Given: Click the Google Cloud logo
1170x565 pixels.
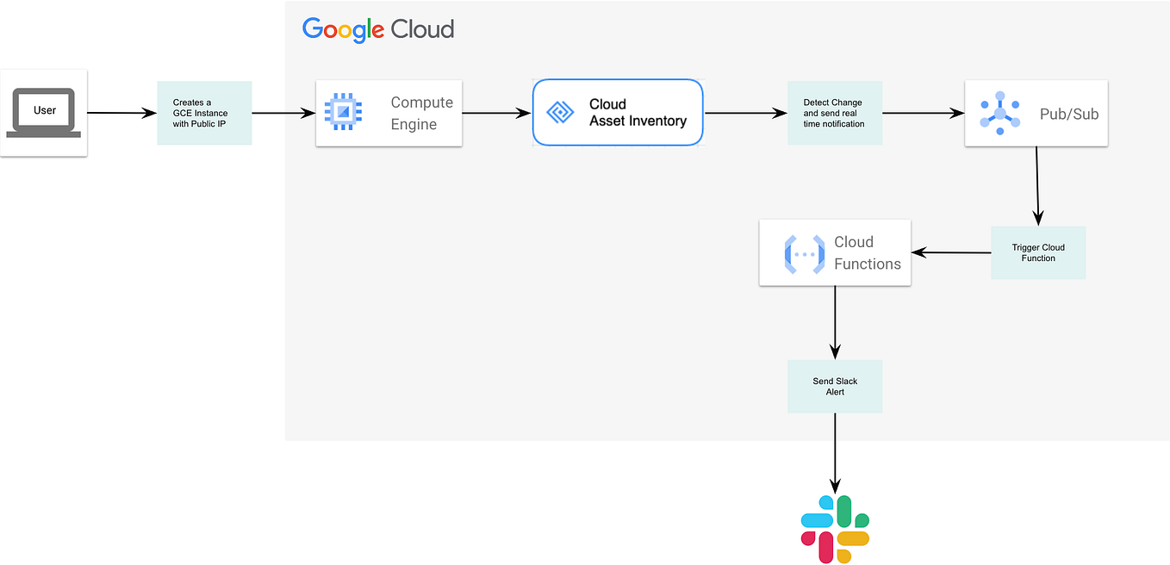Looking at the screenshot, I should pyautogui.click(x=377, y=29).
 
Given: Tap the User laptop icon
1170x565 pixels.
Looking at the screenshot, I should pyautogui.click(x=44, y=113).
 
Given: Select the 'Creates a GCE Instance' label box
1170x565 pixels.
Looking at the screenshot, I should pyautogui.click(x=204, y=113).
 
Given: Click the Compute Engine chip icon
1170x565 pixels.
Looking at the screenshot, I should pyautogui.click(x=342, y=113).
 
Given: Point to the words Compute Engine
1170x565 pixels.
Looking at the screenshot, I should pyautogui.click(x=421, y=113).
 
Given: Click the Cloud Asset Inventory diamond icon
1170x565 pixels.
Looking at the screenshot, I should pyautogui.click(x=561, y=113).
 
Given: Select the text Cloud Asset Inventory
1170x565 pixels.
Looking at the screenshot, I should pyautogui.click(x=638, y=113).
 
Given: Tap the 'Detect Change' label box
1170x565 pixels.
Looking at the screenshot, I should pyautogui.click(x=835, y=113).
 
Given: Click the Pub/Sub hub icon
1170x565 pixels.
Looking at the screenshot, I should pyautogui.click(x=999, y=113).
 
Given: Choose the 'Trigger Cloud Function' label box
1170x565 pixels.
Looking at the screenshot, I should pyautogui.click(x=1038, y=252).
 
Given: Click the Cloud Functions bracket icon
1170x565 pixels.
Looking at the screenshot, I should pyautogui.click(x=805, y=253).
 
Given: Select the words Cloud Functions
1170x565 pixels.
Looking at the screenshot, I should pyautogui.click(x=867, y=253).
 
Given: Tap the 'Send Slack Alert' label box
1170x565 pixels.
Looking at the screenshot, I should pyautogui.click(x=835, y=386).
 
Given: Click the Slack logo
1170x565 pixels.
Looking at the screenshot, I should pyautogui.click(x=835, y=529).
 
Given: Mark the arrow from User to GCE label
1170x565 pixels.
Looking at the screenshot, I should pyautogui.click(x=121, y=113).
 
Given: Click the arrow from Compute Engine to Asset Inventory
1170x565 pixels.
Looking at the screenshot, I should pyautogui.click(x=497, y=113).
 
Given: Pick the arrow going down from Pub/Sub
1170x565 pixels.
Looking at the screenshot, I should pyautogui.click(x=1037, y=185).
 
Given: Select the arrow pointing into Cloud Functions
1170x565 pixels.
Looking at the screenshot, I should pyautogui.click(x=951, y=252).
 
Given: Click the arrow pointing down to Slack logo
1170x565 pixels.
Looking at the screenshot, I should pyautogui.click(x=835, y=452).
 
